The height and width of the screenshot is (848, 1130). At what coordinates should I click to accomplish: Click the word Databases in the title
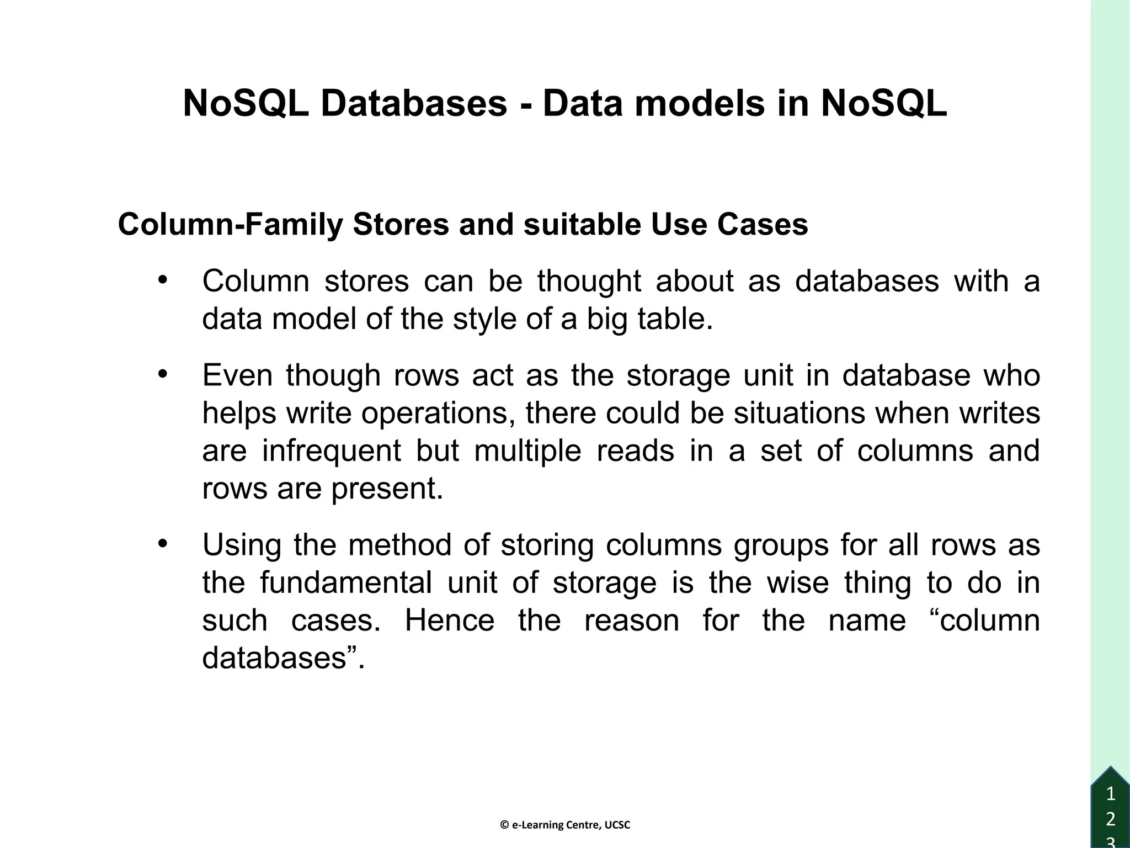point(413,103)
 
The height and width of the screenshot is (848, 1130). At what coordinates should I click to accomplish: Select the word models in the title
point(700,103)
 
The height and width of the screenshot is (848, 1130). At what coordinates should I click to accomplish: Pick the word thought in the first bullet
point(589,281)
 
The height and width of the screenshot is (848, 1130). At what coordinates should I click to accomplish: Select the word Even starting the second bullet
point(237,375)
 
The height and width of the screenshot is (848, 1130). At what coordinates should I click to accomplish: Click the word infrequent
point(331,451)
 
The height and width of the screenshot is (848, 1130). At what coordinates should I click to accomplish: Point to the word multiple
point(527,451)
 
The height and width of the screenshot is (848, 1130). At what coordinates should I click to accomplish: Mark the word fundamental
point(346,583)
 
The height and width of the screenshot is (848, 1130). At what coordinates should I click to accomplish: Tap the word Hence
point(450,621)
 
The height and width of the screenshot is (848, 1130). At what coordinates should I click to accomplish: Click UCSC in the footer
point(617,825)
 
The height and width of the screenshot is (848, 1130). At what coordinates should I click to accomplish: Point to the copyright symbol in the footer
point(504,825)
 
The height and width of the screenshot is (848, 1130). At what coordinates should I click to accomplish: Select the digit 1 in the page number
point(1111,794)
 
